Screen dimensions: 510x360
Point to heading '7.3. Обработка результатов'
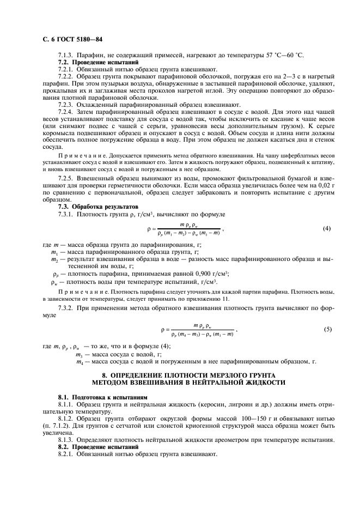point(91,207)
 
